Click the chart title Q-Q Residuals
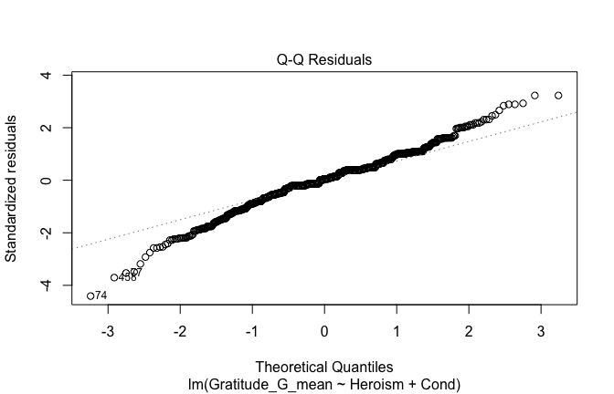point(324,60)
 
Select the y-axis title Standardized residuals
point(12,188)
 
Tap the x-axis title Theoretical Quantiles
point(324,368)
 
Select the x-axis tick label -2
point(179,330)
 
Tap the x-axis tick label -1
point(251,330)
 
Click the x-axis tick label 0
point(324,330)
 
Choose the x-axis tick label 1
point(397,330)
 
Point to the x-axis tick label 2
point(469,330)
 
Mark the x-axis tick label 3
point(541,330)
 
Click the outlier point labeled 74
point(90,295)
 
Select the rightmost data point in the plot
point(558,95)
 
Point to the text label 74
point(101,295)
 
